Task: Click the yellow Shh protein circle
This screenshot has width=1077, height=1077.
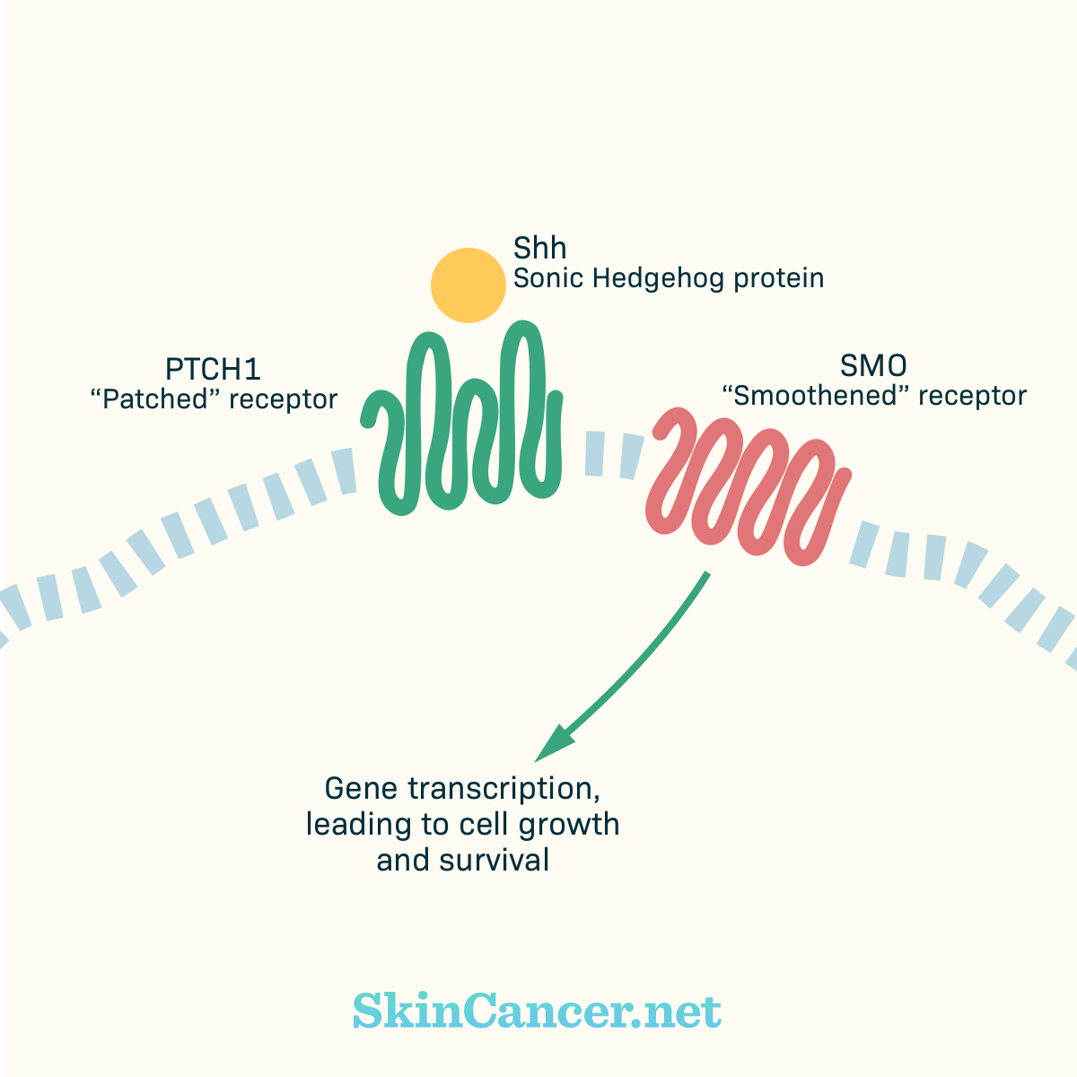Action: pos(468,285)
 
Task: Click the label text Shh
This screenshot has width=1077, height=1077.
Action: pos(539,248)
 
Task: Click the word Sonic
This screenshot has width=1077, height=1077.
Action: pos(549,278)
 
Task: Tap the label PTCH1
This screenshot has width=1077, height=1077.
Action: pos(213,369)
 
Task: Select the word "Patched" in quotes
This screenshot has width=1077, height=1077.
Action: pos(154,399)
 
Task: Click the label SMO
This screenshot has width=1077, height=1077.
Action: pos(873,366)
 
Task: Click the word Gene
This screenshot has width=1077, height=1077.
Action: pos(361,789)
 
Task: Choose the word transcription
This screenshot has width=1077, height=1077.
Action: pos(504,790)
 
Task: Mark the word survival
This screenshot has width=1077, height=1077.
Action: pos(494,860)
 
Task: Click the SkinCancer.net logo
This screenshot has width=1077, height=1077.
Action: pos(537,1011)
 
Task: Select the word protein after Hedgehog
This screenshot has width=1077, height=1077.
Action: pos(778,279)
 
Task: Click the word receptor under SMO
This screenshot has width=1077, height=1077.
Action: pos(973,397)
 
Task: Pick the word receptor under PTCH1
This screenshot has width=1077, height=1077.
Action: pos(284,400)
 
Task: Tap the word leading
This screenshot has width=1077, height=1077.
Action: pos(350,826)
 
